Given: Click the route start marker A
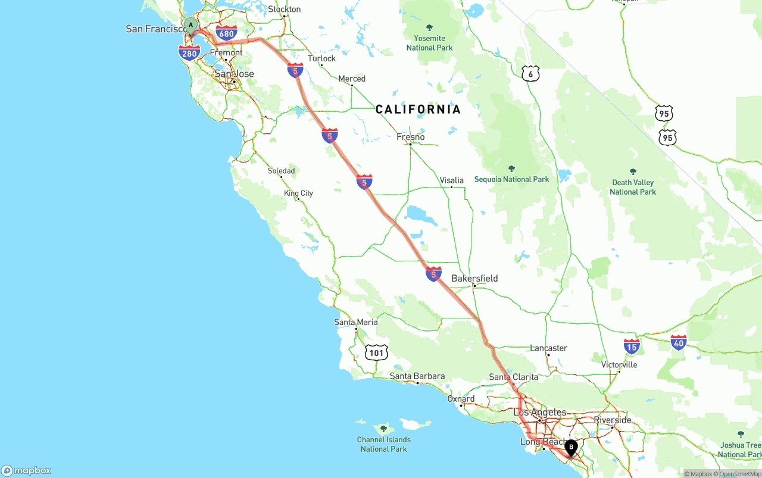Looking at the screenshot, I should click(190, 25).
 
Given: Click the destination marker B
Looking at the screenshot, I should click(571, 447).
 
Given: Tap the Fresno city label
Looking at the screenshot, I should click(411, 137).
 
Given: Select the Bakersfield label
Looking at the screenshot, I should click(474, 278).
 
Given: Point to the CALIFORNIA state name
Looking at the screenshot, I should click(418, 109).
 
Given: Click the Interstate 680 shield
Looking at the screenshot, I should click(226, 33).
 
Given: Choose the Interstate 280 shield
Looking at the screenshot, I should click(189, 53).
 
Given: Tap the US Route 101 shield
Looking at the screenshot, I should click(377, 352).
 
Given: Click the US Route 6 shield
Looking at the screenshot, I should click(530, 74).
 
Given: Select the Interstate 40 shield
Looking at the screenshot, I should click(678, 342).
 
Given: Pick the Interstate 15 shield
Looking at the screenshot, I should click(632, 346).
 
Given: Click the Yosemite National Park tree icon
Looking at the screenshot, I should click(430, 28).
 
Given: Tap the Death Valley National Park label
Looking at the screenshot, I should click(633, 187).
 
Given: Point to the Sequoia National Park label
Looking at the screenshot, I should click(511, 179).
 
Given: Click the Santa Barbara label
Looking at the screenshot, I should click(417, 376).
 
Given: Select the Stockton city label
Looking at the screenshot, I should click(285, 9).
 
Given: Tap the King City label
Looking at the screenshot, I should click(298, 193).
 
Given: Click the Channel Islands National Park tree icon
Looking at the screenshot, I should click(383, 429).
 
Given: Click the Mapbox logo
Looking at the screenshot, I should click(26, 470).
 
